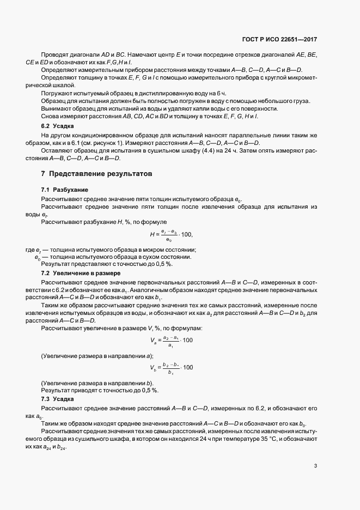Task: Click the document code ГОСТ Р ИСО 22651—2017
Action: tap(279, 40)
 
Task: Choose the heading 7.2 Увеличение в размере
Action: tap(76, 272)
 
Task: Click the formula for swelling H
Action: tap(171, 235)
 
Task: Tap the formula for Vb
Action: tap(172, 367)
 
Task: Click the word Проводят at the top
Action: tap(54, 55)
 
